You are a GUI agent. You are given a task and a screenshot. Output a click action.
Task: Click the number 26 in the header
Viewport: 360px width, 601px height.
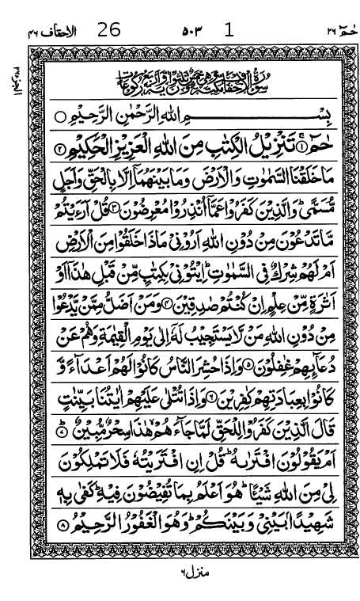tap(109, 31)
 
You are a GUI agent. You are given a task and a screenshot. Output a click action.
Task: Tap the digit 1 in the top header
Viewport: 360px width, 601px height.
tap(229, 31)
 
